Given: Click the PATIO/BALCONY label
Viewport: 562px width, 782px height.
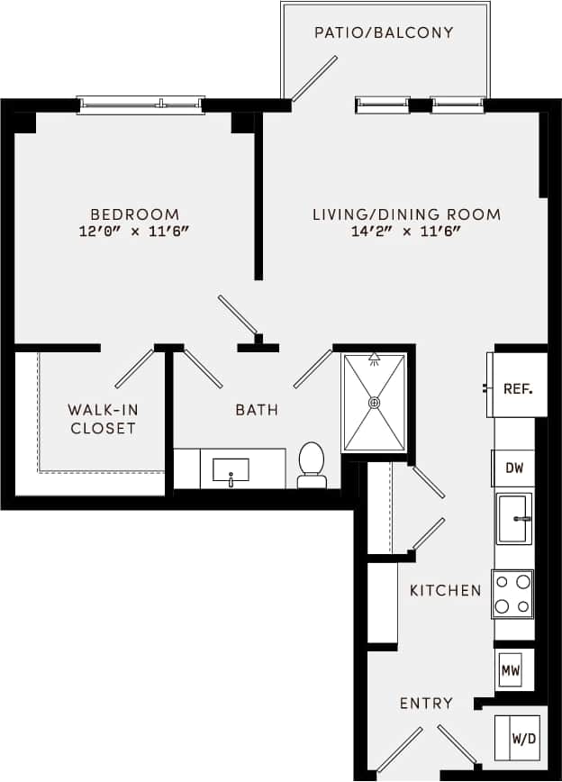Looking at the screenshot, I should coord(384,33).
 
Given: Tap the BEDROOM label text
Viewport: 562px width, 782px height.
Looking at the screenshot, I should coord(135,214).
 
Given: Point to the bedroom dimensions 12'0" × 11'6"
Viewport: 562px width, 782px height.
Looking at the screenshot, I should coord(135,232).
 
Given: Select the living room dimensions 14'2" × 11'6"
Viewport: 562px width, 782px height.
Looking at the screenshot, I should coord(406,232).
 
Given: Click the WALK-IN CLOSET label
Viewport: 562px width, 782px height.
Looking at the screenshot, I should coord(103,419).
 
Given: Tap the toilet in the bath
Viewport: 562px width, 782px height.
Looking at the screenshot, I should coord(312,463).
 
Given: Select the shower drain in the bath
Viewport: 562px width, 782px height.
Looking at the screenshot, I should coord(374,402).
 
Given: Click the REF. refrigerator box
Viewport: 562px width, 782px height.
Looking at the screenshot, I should coord(518,389).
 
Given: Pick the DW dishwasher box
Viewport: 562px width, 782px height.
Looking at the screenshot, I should coord(512,468).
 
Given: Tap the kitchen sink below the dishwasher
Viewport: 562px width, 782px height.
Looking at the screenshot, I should coord(514,519).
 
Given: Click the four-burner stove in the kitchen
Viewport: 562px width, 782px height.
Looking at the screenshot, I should coord(512,594).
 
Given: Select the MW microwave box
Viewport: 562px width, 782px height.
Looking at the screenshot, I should coord(510,669).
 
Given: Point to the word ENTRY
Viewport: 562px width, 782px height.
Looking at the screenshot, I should coord(426,703).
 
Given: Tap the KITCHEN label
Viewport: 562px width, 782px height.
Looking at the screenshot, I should coord(445,591).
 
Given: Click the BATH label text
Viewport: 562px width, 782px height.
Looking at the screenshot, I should coord(257,410).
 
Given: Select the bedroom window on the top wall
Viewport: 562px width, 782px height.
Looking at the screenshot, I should coord(140,105).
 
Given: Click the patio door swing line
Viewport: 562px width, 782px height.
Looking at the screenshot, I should coord(314,78).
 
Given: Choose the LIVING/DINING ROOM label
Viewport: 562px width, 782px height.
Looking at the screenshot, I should coord(406,214).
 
